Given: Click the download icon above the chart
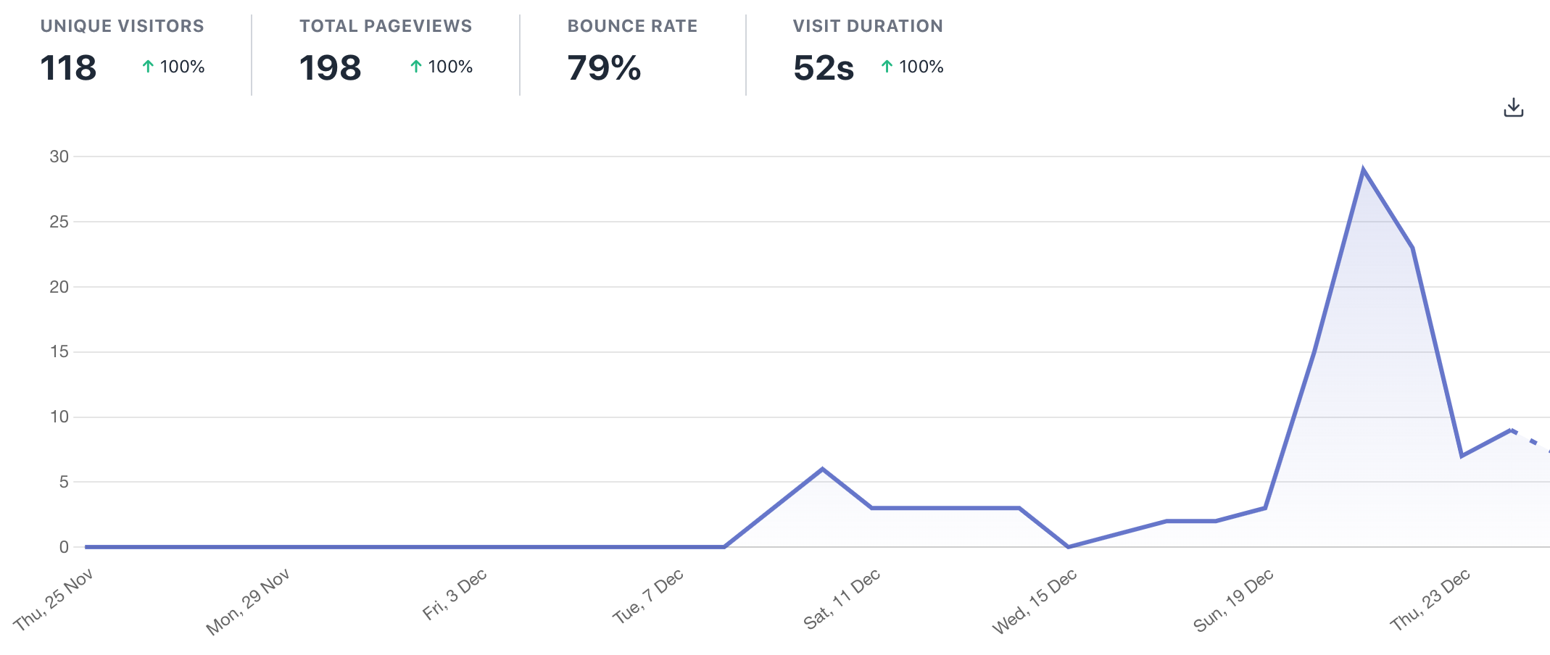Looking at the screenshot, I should [1513, 108].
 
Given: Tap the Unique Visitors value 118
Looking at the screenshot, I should [68, 68].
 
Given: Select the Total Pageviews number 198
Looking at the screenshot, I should [330, 68].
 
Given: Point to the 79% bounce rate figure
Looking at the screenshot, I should [604, 68].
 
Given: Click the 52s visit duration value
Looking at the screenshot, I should [824, 68].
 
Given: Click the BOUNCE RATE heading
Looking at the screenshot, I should [632, 26].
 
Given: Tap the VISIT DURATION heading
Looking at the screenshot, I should [868, 26].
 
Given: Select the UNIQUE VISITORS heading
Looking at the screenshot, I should [122, 26].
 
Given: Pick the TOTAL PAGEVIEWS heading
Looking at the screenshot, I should [386, 26].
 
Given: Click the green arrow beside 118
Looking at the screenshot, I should [148, 67].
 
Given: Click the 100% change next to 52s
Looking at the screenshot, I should [921, 67].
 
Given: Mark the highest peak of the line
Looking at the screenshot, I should [1363, 170].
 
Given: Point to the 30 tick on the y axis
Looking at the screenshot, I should [59, 157].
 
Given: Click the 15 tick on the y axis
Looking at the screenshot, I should [59, 352].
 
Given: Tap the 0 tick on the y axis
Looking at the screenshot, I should [64, 547].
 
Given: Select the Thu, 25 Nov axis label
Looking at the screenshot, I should [54, 599].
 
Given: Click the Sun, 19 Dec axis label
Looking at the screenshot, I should [1233, 600].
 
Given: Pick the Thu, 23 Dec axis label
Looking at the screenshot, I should [1430, 599].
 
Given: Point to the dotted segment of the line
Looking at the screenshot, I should [1530, 441].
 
